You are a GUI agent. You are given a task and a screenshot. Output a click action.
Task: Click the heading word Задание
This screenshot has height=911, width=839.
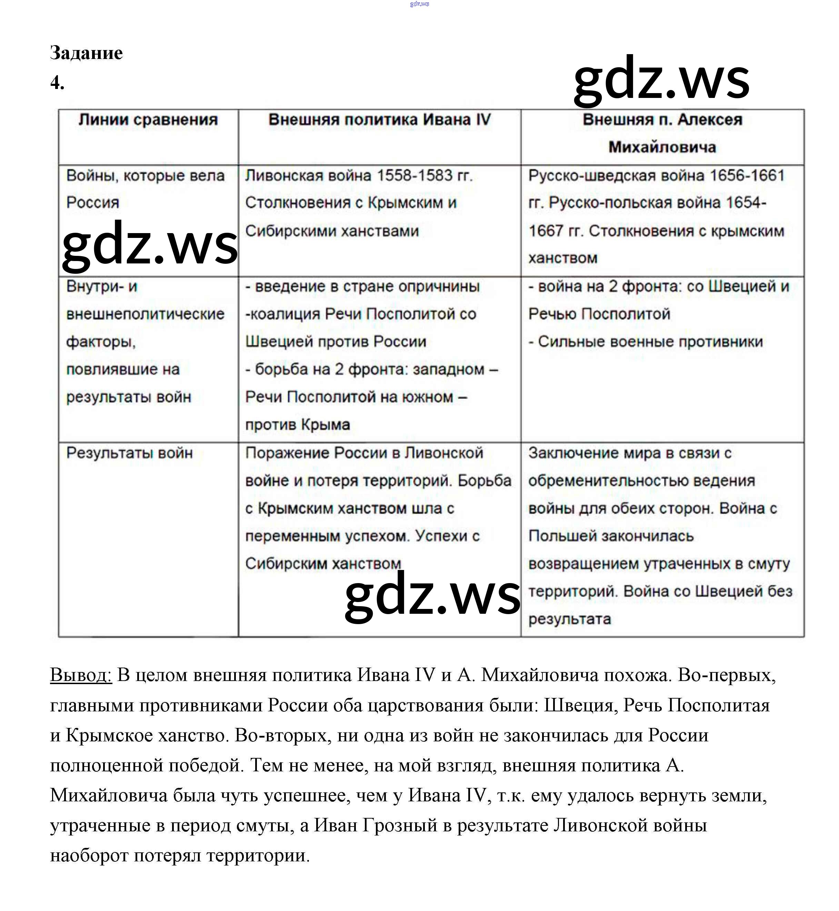tap(86, 53)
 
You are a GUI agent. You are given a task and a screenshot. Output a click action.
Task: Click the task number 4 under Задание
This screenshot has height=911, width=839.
tap(57, 83)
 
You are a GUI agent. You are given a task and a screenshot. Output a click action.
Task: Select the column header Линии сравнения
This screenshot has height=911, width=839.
tap(148, 120)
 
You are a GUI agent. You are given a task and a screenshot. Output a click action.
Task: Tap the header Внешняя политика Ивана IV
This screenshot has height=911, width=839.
tap(380, 120)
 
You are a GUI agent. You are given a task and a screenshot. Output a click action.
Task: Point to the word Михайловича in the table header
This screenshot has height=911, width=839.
tap(662, 147)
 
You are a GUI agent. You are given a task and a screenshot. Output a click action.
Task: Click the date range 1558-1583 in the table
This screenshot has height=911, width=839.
tap(414, 175)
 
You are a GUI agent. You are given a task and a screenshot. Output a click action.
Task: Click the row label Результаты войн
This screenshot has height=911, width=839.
tap(129, 452)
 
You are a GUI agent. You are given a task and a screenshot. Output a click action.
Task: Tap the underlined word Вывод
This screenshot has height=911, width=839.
tap(80, 675)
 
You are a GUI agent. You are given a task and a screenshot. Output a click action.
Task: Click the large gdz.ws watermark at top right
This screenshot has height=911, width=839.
tap(661, 79)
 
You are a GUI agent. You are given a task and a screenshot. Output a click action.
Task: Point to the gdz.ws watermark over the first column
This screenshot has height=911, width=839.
tap(149, 245)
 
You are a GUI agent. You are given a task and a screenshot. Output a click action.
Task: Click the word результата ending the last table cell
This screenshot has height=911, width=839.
tap(569, 619)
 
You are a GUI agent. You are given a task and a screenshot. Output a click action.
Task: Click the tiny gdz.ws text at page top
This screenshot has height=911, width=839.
tap(419, 4)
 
